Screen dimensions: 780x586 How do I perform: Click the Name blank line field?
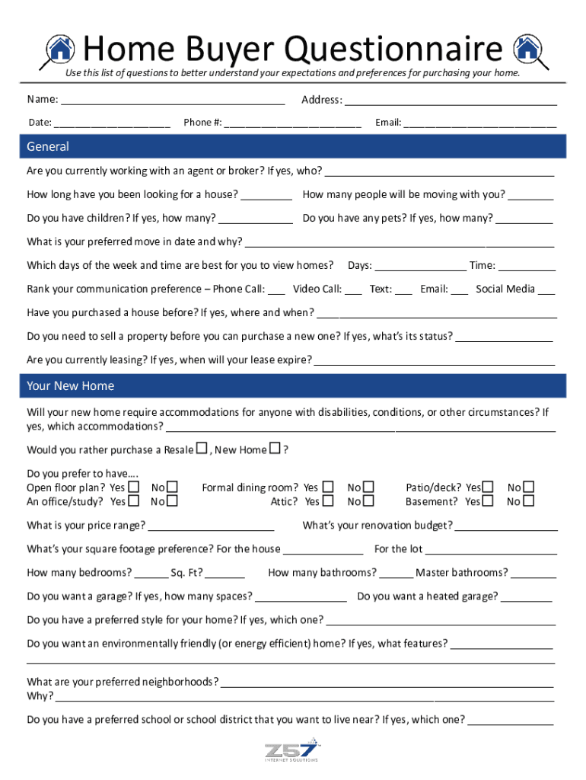(173, 101)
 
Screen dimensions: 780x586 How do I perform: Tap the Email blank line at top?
(479, 123)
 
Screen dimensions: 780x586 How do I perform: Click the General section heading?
(48, 146)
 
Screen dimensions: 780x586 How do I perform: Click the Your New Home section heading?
(70, 386)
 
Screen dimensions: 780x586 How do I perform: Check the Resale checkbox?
(202, 449)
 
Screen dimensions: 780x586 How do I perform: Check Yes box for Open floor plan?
(134, 487)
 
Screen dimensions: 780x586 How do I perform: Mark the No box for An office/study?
(172, 501)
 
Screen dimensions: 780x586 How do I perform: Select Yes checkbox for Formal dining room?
(328, 487)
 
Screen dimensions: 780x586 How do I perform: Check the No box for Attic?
(369, 501)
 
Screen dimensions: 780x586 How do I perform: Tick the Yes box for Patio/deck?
(489, 487)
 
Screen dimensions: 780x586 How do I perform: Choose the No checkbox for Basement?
(529, 501)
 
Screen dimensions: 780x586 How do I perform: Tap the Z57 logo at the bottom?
(292, 750)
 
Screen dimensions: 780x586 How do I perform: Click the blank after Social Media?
(546, 289)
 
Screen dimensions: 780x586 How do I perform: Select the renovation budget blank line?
(506, 526)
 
